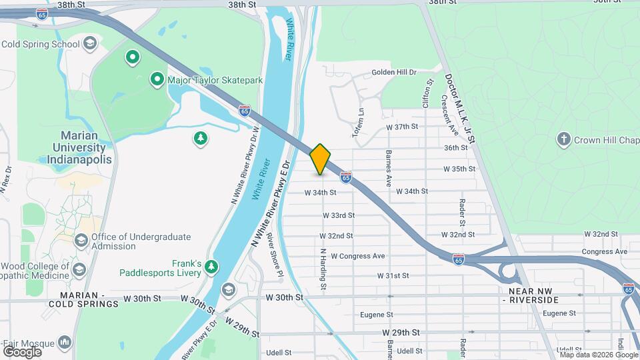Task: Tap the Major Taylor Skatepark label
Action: pos(215,81)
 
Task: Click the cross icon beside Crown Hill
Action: pos(564,139)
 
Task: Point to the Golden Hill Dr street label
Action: pos(393,72)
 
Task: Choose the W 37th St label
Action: pos(402,127)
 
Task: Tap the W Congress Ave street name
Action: pos(358,256)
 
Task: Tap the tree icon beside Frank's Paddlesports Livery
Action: pos(211,267)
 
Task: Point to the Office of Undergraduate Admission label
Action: pos(141,241)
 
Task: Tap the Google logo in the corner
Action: pos(22,351)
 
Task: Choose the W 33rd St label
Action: pos(339,215)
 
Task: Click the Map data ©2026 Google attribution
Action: pos(599,355)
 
